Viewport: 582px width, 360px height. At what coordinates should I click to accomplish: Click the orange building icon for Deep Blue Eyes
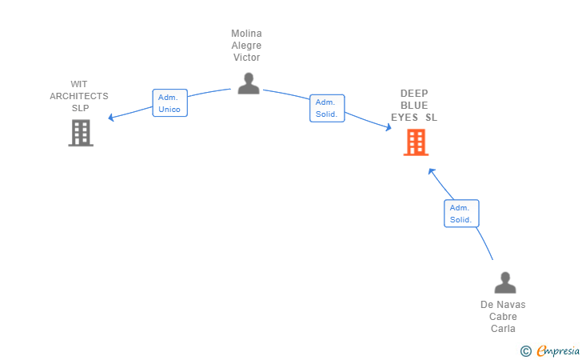click(x=416, y=142)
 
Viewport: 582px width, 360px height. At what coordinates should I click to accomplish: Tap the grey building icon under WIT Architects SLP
click(x=81, y=133)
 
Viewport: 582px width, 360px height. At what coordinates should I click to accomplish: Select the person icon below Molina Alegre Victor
click(x=249, y=83)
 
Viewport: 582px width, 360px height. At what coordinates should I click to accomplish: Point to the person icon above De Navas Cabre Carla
click(x=505, y=282)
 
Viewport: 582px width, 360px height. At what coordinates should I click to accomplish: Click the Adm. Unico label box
click(x=170, y=103)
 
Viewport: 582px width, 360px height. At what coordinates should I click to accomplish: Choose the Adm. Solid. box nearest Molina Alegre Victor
click(x=327, y=108)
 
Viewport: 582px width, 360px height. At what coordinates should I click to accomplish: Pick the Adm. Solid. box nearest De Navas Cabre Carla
click(x=461, y=214)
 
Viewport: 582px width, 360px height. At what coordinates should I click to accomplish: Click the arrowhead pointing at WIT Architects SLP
click(x=110, y=118)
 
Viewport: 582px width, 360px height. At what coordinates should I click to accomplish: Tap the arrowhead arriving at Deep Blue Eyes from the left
click(x=389, y=127)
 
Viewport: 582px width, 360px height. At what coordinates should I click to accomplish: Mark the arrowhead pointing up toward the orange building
click(x=432, y=171)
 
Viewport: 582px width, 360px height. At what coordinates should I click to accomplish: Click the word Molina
click(x=246, y=34)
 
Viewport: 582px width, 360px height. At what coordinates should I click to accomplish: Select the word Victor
click(x=246, y=58)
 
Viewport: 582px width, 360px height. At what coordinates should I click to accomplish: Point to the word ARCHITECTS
click(x=79, y=96)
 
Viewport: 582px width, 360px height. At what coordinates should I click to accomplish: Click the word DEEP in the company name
click(x=414, y=94)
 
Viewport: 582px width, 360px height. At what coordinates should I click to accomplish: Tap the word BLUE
click(x=414, y=106)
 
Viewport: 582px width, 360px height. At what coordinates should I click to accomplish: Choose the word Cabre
click(x=503, y=317)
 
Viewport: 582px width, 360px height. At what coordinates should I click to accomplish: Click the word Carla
click(x=503, y=329)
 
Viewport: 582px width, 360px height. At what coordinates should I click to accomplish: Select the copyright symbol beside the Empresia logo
click(x=526, y=351)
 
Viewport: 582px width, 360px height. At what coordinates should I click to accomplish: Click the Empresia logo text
click(x=558, y=350)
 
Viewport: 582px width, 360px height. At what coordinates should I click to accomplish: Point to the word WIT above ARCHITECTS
click(x=79, y=84)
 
